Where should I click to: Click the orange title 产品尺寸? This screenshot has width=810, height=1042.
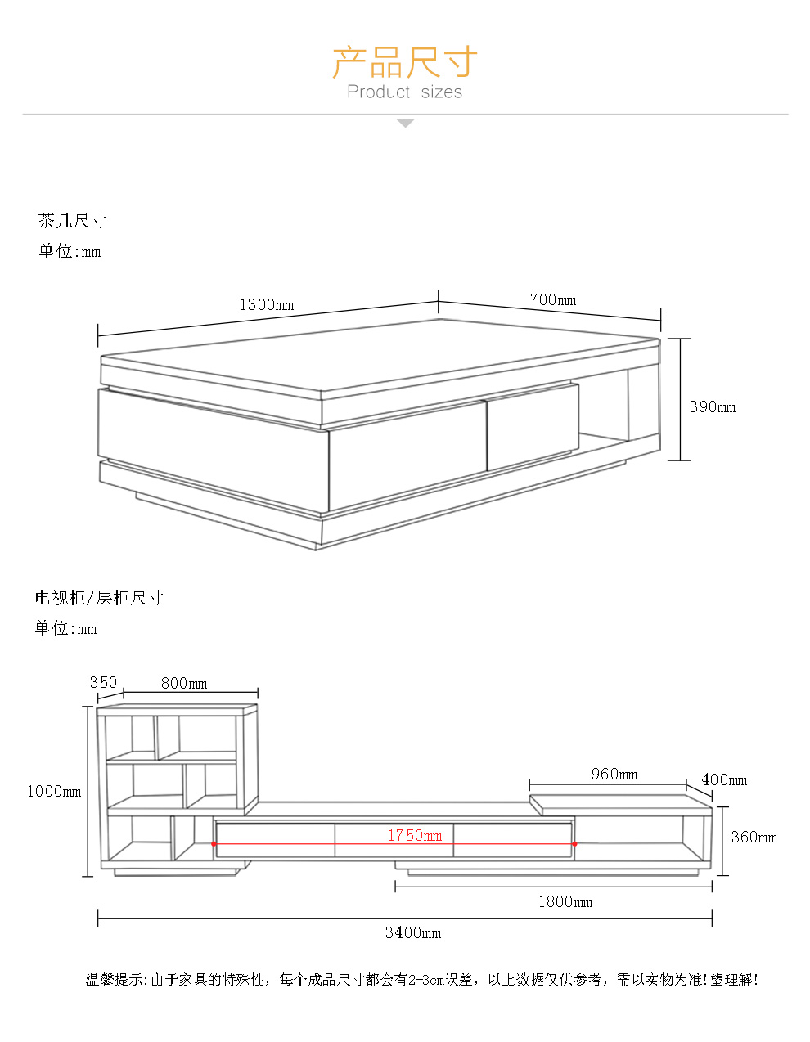click(405, 61)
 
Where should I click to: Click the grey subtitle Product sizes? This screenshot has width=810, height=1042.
click(404, 92)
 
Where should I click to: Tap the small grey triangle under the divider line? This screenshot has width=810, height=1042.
click(405, 124)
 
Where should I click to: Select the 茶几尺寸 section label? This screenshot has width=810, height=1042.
click(72, 221)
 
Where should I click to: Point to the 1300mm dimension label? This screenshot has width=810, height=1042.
click(267, 304)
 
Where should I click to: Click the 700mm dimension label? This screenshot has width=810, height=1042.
click(553, 299)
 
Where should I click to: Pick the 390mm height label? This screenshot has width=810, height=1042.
click(712, 406)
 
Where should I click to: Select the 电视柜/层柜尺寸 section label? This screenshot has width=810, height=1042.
click(99, 598)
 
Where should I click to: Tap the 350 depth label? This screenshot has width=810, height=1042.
click(103, 682)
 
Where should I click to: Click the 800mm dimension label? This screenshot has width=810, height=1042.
click(184, 683)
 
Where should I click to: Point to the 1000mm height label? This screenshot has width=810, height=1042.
click(54, 791)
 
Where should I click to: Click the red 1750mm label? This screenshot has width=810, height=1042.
click(415, 835)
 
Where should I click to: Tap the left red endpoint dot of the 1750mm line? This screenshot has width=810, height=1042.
click(214, 843)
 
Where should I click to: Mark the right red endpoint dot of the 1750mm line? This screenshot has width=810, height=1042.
click(574, 843)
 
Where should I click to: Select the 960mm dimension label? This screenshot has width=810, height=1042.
click(614, 774)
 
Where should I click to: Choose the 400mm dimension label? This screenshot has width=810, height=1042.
click(724, 779)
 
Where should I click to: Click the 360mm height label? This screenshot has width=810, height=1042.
click(754, 837)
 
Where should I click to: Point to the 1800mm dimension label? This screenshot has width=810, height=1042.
click(565, 901)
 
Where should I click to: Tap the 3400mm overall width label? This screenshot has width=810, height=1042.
click(413, 932)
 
